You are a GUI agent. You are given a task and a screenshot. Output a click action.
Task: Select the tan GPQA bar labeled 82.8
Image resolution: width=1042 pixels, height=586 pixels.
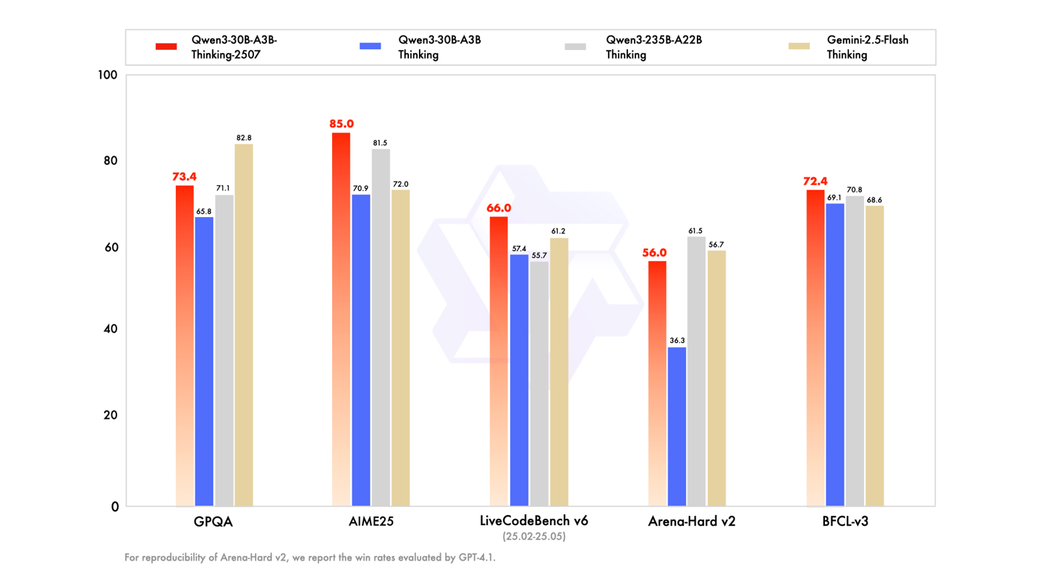pyautogui.click(x=244, y=325)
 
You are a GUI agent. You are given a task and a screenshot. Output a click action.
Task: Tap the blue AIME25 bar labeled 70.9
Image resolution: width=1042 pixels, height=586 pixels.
pyautogui.click(x=361, y=350)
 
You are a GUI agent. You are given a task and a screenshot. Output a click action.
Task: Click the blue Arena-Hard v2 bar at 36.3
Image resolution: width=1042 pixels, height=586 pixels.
pyautogui.click(x=677, y=427)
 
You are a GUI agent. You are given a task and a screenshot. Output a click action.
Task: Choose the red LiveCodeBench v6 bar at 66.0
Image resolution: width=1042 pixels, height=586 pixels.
pyautogui.click(x=499, y=361)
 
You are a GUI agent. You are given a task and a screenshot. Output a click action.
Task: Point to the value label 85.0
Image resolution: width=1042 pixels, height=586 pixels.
pyautogui.click(x=342, y=124)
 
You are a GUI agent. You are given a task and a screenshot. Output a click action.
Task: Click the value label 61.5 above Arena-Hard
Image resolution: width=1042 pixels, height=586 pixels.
pyautogui.click(x=696, y=231)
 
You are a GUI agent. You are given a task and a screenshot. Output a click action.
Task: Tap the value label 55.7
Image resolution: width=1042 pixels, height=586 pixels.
pyautogui.click(x=539, y=255)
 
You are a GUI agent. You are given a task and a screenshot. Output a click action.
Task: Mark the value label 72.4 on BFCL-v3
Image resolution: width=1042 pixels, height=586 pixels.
pyautogui.click(x=815, y=181)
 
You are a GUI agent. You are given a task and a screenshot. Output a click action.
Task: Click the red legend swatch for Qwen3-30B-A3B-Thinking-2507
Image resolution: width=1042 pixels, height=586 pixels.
pyautogui.click(x=166, y=46)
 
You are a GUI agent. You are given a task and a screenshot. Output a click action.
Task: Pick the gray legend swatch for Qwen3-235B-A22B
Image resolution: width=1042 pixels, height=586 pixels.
pyautogui.click(x=575, y=46)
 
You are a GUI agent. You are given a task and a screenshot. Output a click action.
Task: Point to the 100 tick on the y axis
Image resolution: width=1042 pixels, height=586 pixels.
pyautogui.click(x=108, y=75)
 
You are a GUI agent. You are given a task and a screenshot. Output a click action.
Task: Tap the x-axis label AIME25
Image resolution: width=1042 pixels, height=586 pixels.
pyautogui.click(x=370, y=522)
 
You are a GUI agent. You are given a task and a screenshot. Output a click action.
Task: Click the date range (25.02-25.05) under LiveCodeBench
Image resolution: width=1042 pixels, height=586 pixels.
pyautogui.click(x=534, y=537)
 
